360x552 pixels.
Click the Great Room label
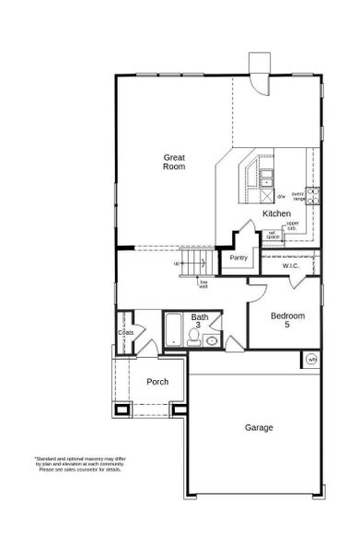point(174,162)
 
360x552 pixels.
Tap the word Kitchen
point(276,213)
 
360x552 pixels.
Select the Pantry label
point(240,259)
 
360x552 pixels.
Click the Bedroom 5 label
point(286,320)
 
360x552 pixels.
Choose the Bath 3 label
point(200,321)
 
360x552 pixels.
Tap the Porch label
point(157,381)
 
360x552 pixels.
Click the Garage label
point(259,428)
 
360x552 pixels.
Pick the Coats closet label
point(125,334)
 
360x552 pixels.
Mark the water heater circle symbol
point(311,359)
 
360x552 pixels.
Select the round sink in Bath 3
point(212,340)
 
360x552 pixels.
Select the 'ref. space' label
point(273,235)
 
